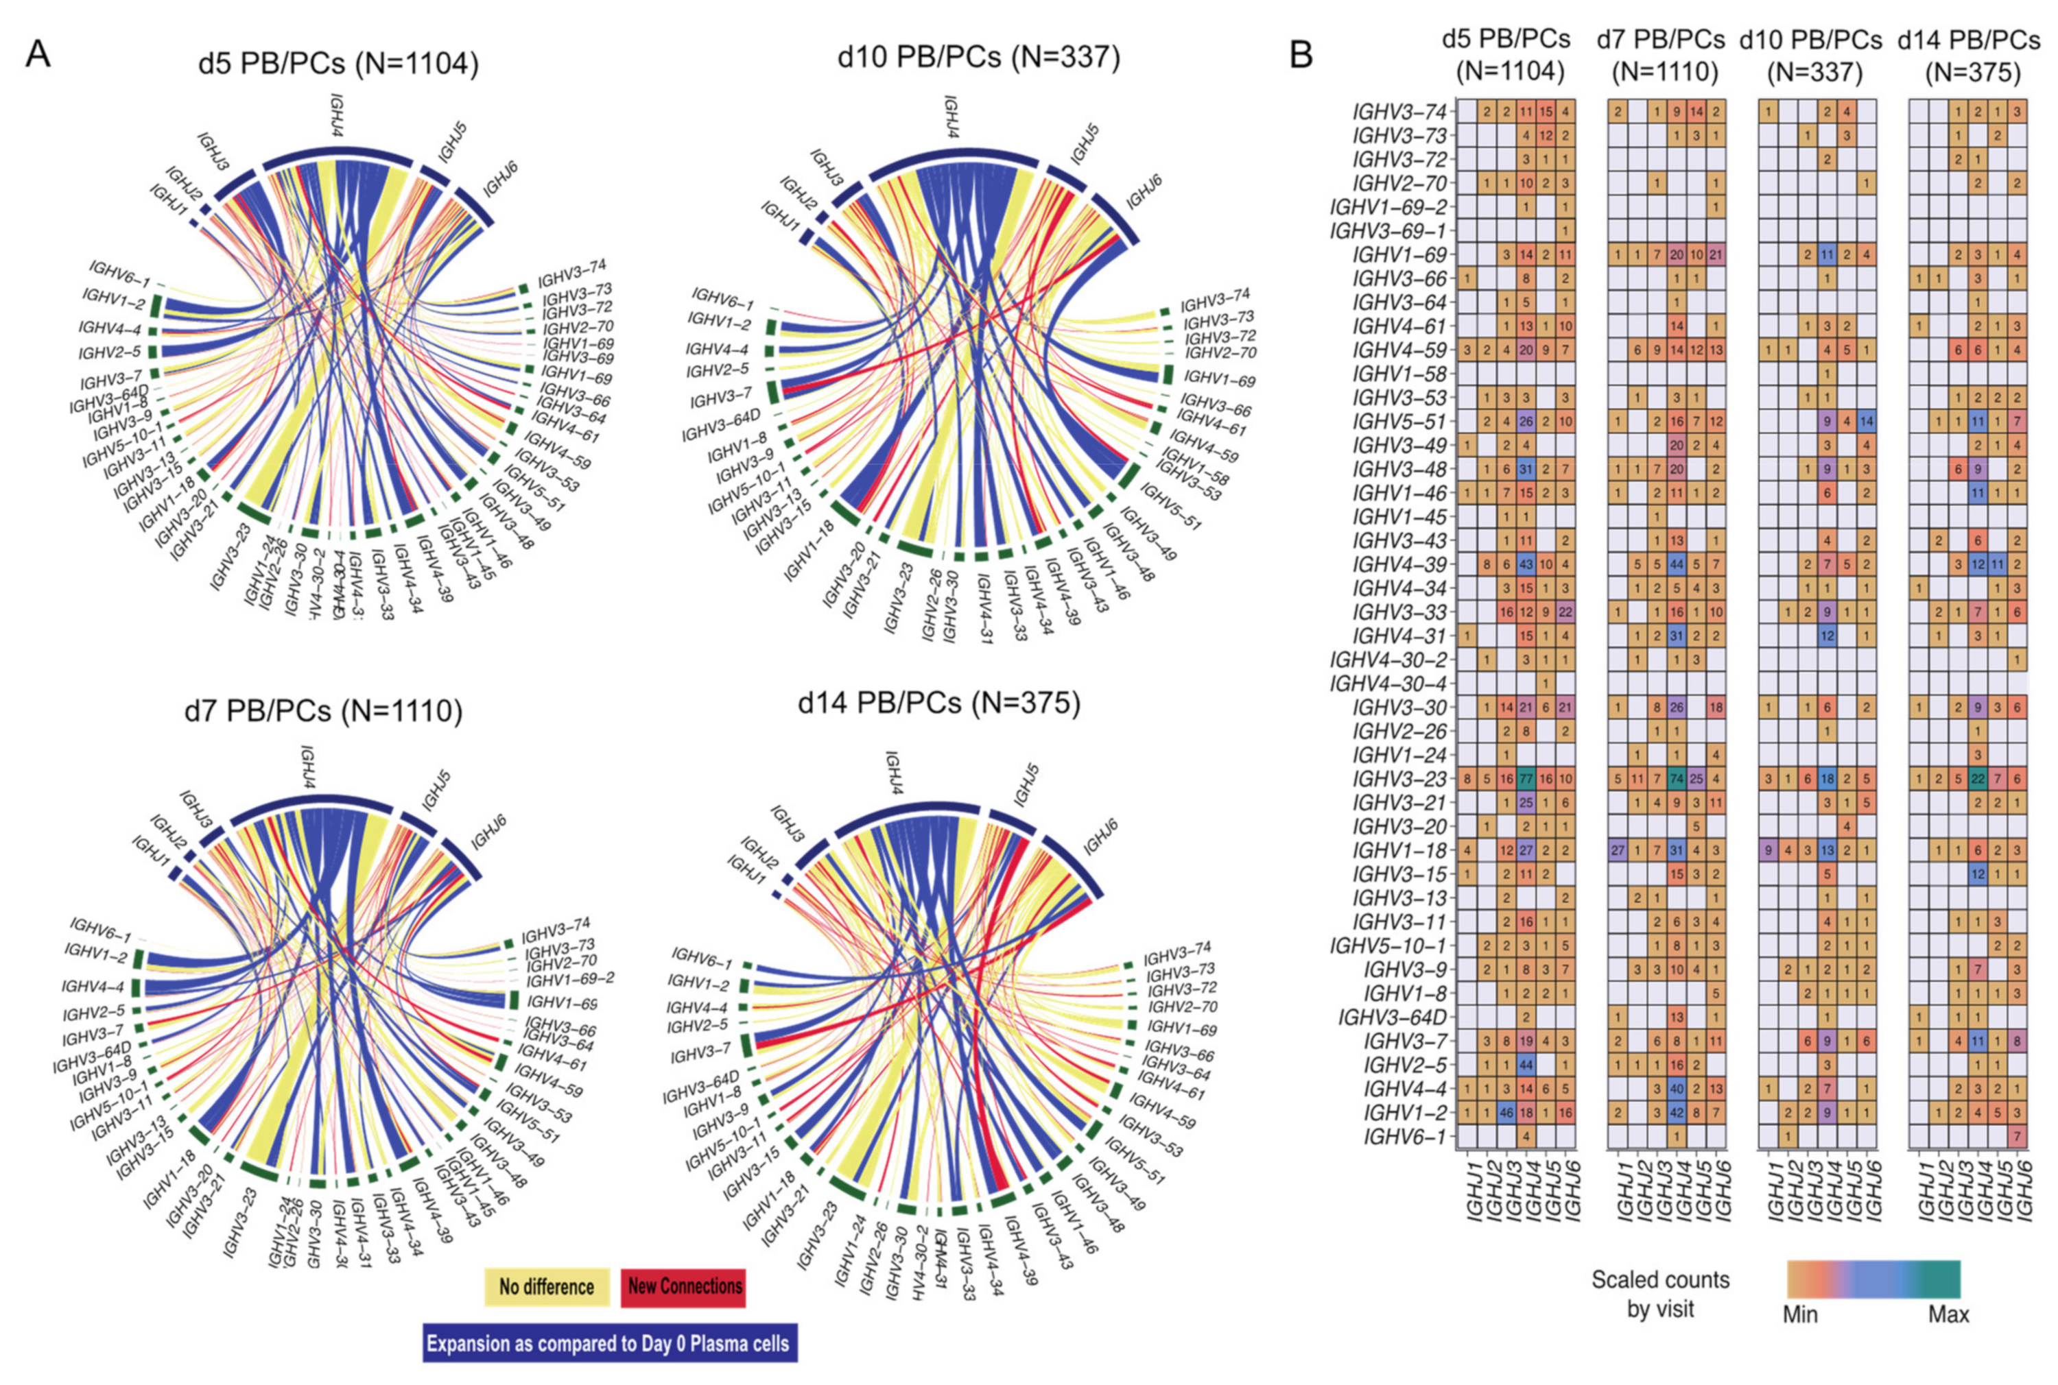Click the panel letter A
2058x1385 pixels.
[x=38, y=55]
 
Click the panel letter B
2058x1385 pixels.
[x=1301, y=55]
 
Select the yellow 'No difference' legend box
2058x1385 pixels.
[x=546, y=1287]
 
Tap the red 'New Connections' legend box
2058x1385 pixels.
[x=684, y=1287]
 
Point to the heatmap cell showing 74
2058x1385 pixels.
[x=1677, y=779]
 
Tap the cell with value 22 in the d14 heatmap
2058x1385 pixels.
[x=1978, y=779]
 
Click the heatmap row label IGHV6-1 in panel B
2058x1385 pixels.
[x=1404, y=1137]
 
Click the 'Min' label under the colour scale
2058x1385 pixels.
[x=1800, y=1339]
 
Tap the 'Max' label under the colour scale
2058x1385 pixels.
[x=1948, y=1339]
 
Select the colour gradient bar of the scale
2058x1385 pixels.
[x=1873, y=1279]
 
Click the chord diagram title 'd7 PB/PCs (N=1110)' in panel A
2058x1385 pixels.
[x=323, y=711]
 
